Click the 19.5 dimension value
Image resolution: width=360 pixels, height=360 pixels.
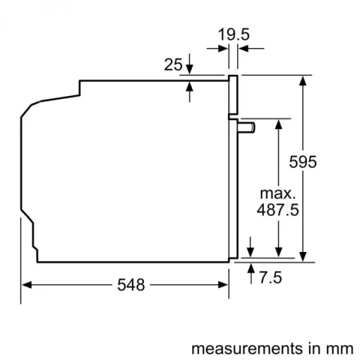[x=232, y=33]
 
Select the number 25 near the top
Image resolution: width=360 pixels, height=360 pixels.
[x=173, y=65]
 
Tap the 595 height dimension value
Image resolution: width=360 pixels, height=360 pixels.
[x=303, y=162]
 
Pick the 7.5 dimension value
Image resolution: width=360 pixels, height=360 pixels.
[x=270, y=278]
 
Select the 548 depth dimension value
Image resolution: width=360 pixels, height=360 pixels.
[x=130, y=285]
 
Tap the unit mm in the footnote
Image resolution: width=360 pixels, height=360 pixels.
[x=340, y=349]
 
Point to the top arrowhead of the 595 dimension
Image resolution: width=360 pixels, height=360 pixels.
[x=303, y=80]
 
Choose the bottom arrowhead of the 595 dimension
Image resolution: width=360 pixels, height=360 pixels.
[x=303, y=256]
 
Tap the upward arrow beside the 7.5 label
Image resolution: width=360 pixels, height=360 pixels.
[x=251, y=268]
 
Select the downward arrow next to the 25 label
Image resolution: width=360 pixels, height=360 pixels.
[x=191, y=69]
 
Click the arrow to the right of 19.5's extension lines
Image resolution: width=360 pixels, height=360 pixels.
[x=243, y=48]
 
